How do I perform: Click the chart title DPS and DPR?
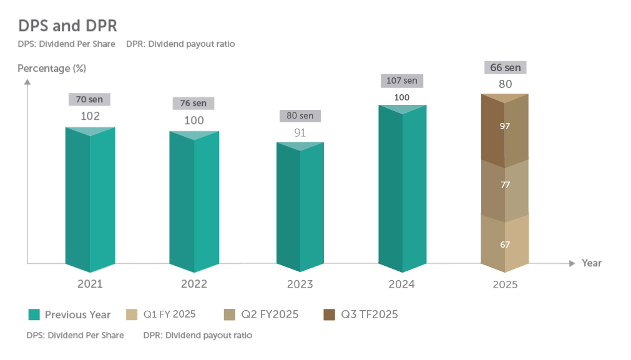[x=68, y=26]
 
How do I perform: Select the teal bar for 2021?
[x=90, y=200]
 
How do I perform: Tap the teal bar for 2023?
[x=300, y=206]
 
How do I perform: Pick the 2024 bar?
[x=403, y=187]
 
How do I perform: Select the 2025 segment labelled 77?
[x=505, y=185]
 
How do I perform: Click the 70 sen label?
[x=90, y=99]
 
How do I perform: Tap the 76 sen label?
[x=193, y=103]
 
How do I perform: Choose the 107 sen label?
[x=402, y=80]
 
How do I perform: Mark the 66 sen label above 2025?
[x=505, y=67]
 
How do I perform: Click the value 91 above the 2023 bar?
[x=300, y=132]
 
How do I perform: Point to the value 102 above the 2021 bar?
[x=90, y=116]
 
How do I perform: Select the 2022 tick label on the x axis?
[x=194, y=284]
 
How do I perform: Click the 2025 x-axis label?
[x=505, y=285]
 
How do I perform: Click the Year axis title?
[x=592, y=263]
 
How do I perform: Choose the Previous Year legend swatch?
[x=34, y=314]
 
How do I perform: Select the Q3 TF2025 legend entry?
[x=362, y=314]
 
